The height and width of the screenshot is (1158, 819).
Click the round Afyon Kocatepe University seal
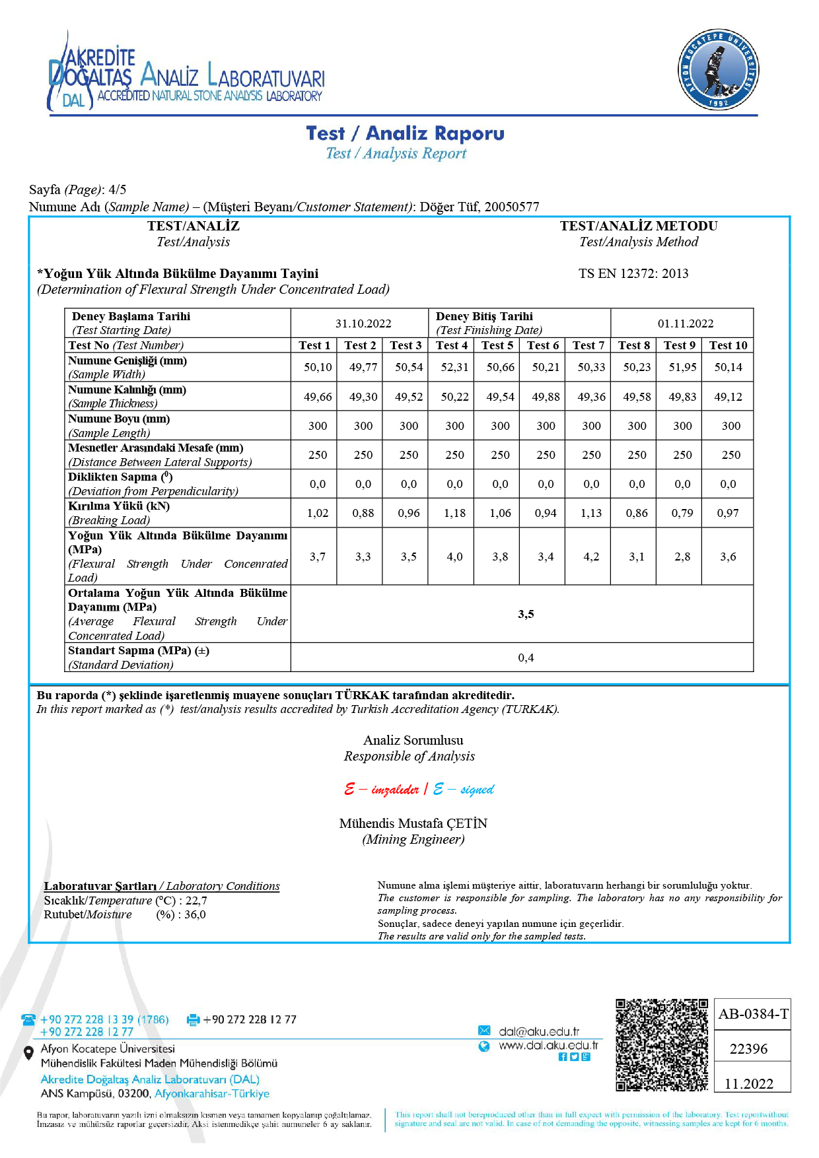pos(718,70)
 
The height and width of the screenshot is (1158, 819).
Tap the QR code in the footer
pos(662,1044)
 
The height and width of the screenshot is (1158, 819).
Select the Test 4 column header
pos(452,345)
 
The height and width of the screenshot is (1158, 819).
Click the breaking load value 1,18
pos(454,513)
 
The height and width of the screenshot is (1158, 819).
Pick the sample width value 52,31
pos(454,367)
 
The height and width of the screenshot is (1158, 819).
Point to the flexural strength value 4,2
pos(591,557)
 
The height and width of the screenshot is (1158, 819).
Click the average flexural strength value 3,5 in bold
pos(526,614)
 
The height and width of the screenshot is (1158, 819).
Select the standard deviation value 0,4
pos(526,658)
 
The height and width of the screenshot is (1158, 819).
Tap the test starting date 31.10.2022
pos(363,324)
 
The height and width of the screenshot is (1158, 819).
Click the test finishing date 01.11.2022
pos(686,324)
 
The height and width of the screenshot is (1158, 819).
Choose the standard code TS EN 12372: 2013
pos(633,273)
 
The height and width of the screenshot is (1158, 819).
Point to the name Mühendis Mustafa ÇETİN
pos(413,823)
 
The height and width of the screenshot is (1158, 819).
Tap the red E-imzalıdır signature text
pos(382,790)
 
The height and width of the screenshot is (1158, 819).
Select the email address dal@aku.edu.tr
pos(539,1031)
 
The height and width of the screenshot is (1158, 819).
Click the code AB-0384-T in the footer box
pos(753,1014)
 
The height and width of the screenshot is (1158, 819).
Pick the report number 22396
pos(748,1048)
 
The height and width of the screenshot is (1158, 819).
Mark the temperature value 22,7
pos(196,901)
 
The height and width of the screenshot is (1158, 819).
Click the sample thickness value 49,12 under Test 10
pos(728,397)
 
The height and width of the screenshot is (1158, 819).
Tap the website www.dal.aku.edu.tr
pos(548,1046)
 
